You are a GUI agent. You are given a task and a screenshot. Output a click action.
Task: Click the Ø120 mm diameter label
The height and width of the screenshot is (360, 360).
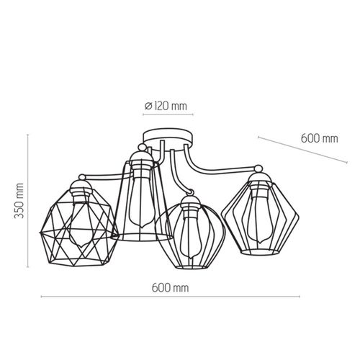166,106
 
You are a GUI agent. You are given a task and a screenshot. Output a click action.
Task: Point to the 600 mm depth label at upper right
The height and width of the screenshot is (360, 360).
320,138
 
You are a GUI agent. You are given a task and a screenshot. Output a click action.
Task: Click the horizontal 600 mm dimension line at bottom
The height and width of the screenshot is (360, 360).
171,297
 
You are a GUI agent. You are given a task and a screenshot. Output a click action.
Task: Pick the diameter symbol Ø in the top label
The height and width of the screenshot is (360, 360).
148,106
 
